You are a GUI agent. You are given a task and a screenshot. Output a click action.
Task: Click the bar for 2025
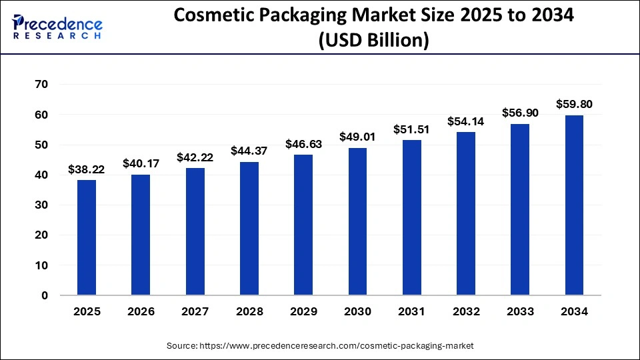coord(87,237)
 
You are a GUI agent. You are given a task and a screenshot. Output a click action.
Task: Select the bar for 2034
coord(574,205)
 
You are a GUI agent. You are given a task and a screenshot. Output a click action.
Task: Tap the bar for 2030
coord(357,221)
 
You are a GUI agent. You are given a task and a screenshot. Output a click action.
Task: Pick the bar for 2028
coord(249,229)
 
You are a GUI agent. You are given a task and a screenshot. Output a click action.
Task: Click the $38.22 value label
coord(86,169)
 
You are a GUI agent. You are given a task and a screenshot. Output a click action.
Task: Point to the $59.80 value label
coord(574,105)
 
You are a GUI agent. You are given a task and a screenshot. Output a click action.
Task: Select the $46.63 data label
coord(303,144)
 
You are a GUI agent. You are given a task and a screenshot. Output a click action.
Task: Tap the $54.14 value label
coord(466,121)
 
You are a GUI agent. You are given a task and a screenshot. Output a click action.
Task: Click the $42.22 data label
coord(195,157)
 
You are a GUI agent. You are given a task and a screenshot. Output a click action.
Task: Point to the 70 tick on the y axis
coord(41,85)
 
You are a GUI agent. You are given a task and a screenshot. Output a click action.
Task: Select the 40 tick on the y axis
coord(41,175)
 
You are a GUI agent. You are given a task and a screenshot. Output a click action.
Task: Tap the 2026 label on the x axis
coord(141,311)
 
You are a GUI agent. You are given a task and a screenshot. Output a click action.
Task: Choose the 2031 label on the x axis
coord(412,311)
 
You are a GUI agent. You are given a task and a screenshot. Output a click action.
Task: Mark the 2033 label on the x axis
coord(520,311)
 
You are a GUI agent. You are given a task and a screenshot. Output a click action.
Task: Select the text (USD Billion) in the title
coord(373,40)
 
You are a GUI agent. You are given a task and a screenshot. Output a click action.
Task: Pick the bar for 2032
coord(466,213)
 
